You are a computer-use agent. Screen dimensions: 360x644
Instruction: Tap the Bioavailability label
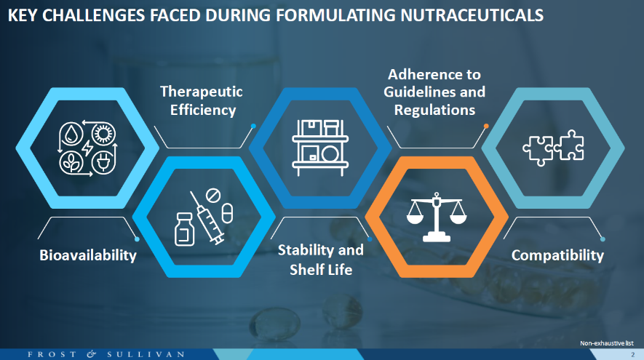[x=88, y=256]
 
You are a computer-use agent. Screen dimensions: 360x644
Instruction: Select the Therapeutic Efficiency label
[x=202, y=101]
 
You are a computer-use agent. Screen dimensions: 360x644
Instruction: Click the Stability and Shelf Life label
[x=321, y=260]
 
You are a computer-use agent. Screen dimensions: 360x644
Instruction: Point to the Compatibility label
[x=557, y=255]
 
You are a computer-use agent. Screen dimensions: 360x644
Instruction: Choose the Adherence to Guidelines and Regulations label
[x=435, y=92]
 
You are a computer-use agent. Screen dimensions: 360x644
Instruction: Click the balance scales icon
[x=437, y=217]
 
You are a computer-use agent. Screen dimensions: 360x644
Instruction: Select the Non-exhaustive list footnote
[x=605, y=342]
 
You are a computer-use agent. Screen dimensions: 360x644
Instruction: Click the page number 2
[x=632, y=354]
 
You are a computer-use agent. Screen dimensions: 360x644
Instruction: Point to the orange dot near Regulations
[x=486, y=126]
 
